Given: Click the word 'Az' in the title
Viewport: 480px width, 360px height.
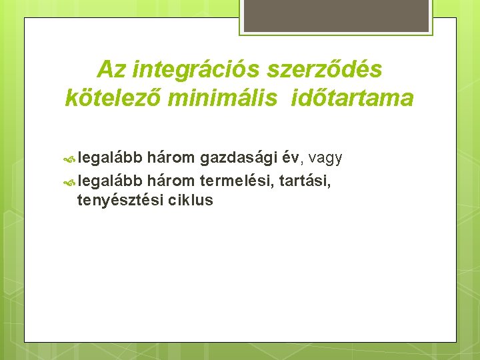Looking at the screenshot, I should coord(111,69).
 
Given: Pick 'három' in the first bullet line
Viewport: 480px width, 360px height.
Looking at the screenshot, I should coord(171,157).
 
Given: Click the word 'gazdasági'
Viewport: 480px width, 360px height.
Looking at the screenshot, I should coord(238,158).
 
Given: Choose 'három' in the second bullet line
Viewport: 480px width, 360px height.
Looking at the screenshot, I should coord(171,179).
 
